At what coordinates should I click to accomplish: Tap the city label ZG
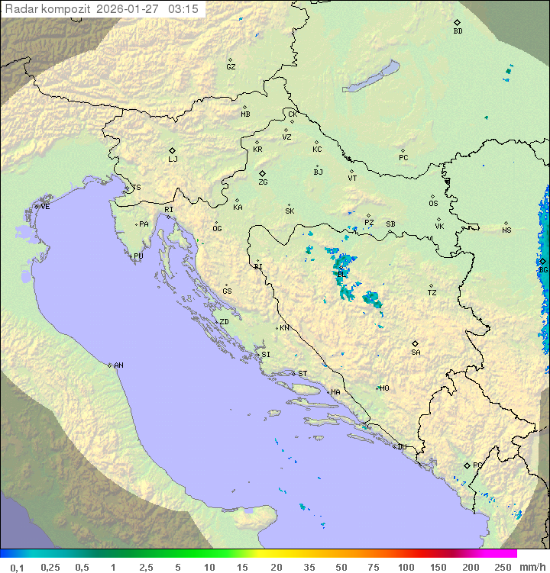tap(263, 182)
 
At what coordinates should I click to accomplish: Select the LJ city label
tap(173, 159)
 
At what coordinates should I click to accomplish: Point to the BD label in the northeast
tap(458, 31)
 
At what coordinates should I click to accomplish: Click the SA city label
tap(416, 352)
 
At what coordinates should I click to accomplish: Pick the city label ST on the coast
tap(302, 374)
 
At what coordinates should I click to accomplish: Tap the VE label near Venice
tap(45, 207)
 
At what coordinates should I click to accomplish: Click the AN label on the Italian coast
tap(118, 365)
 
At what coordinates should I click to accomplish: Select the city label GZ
tap(231, 67)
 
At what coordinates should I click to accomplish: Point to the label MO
tap(384, 388)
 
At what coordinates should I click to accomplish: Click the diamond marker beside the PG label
tap(467, 465)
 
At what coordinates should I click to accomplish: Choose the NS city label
tap(506, 230)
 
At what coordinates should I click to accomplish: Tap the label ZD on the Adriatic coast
tap(224, 322)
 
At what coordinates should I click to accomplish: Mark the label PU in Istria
tap(138, 256)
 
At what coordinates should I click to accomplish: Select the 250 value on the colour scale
tap(503, 567)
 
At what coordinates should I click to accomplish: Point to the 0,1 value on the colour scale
tap(17, 567)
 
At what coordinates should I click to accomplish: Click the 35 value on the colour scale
tap(309, 567)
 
